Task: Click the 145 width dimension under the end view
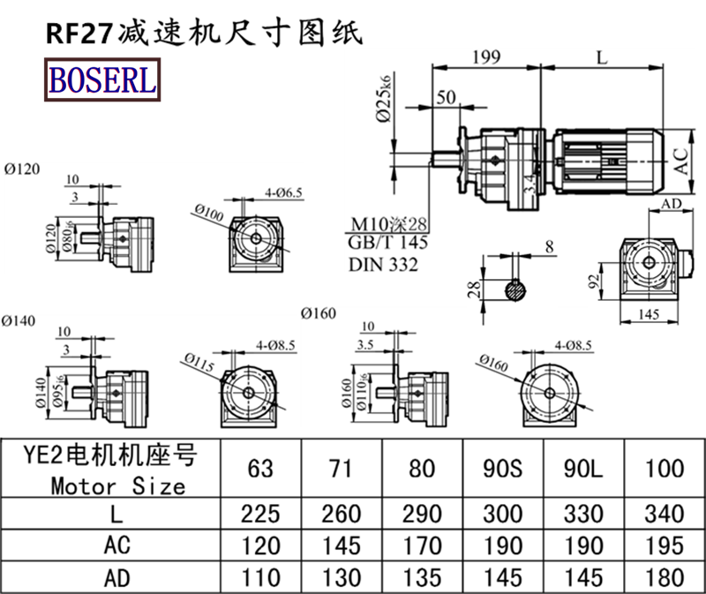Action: coord(649,314)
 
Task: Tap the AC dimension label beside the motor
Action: coord(680,160)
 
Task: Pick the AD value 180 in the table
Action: coord(665,577)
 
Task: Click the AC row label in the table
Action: coord(118,545)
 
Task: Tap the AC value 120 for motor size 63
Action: coord(260,545)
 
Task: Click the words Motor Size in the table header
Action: coord(118,485)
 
